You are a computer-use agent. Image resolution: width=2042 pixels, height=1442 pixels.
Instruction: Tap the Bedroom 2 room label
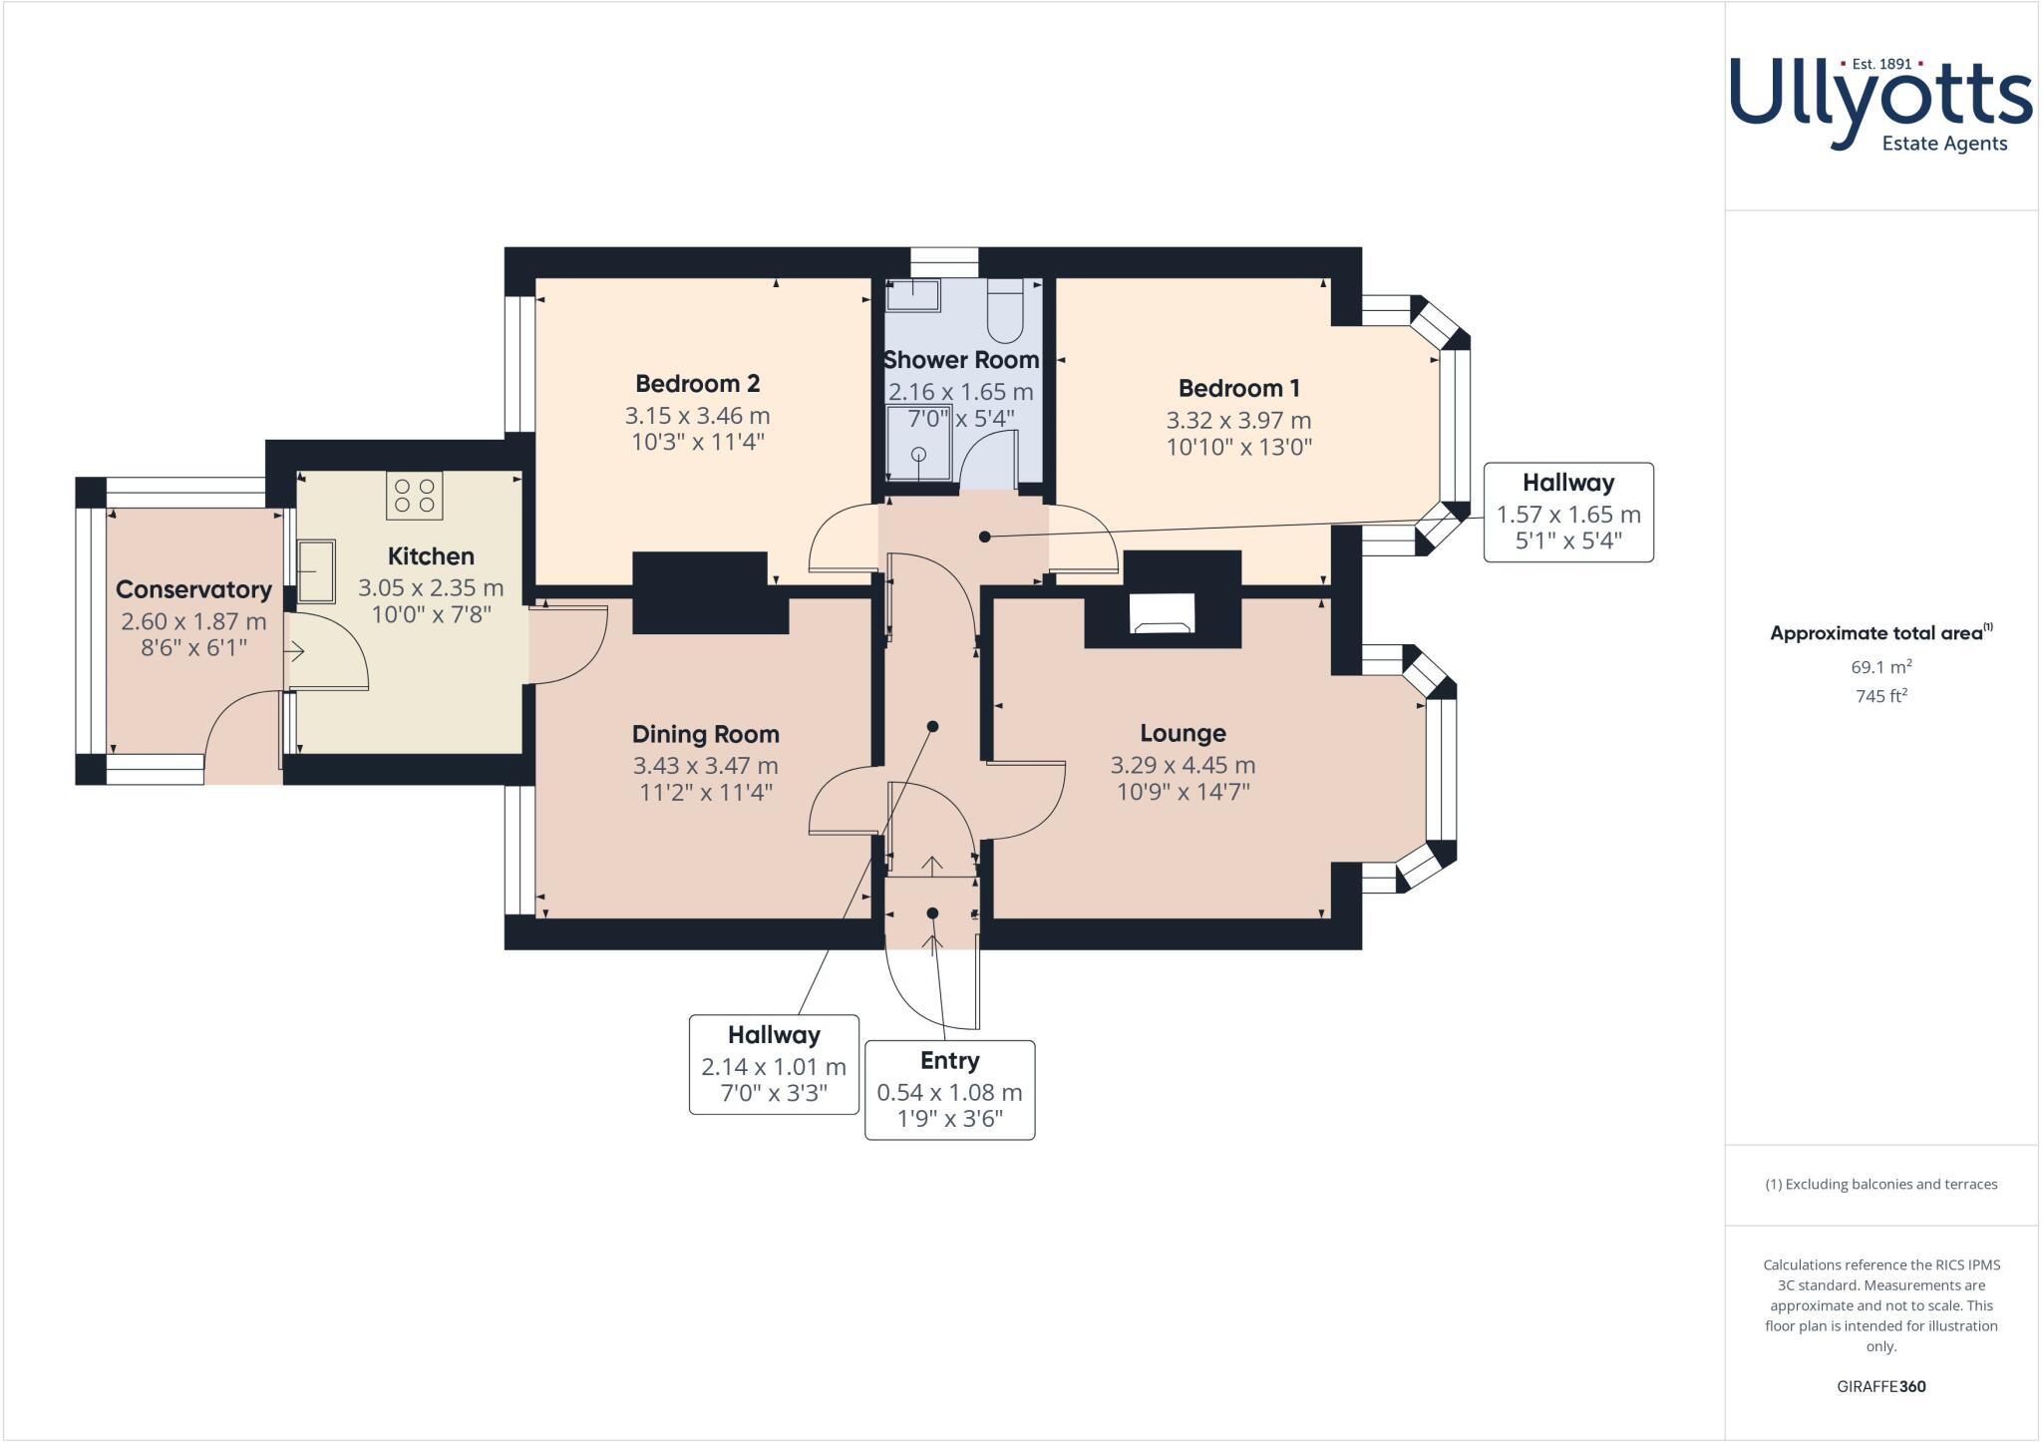[697, 384]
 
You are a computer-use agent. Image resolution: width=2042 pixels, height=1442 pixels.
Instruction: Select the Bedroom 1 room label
[1238, 389]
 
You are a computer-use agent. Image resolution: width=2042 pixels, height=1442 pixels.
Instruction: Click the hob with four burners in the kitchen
[414, 496]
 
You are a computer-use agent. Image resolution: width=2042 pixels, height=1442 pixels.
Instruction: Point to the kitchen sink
[317, 570]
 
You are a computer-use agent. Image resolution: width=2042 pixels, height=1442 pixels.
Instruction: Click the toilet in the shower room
[1003, 309]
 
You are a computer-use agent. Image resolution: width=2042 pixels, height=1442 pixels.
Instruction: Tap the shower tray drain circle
[918, 455]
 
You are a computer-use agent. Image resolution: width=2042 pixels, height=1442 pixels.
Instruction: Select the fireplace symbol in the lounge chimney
[1162, 614]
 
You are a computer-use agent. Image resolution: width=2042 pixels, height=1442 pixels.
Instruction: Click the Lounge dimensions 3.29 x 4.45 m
[1183, 766]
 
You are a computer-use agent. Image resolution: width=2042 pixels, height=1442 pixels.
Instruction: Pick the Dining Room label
[705, 735]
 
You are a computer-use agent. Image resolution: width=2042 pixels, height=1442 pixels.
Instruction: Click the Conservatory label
[193, 590]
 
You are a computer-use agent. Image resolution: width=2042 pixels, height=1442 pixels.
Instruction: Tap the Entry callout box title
[949, 1061]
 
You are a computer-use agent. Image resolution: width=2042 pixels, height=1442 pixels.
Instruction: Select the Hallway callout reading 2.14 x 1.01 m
[774, 1065]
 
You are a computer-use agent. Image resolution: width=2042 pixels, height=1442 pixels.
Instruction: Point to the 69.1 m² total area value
[1880, 667]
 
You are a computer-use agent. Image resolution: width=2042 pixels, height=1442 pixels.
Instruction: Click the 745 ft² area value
[1880, 696]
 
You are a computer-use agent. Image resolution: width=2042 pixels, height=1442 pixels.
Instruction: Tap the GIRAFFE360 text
[1880, 1386]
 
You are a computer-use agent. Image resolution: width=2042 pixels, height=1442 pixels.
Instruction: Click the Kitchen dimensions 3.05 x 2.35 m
[431, 588]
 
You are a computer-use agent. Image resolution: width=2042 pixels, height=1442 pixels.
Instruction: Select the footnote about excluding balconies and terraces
[1880, 1185]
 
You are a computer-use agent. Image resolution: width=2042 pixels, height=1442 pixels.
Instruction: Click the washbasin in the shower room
[913, 294]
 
